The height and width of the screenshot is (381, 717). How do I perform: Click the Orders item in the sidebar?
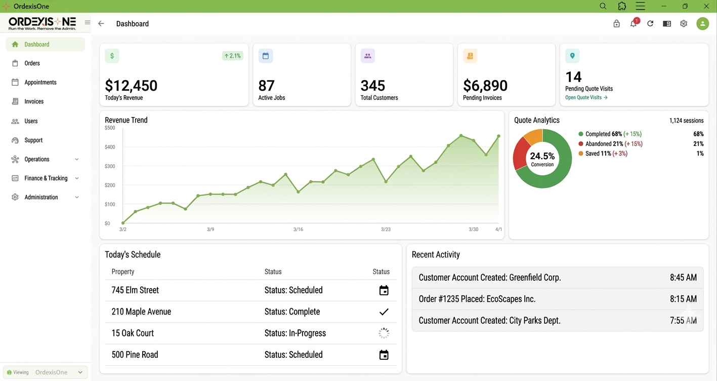coord(32,63)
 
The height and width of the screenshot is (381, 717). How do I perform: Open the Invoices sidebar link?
coord(34,101)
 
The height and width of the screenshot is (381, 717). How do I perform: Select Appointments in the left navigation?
coord(40,82)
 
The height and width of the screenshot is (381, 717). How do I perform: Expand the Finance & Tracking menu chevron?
coord(77,178)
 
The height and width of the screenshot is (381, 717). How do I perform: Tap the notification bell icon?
coord(633,24)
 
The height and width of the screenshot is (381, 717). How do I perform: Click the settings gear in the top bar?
coord(684,24)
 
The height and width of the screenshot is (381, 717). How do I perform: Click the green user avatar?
coord(702,24)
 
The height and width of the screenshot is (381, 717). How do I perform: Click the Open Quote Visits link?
coord(586,97)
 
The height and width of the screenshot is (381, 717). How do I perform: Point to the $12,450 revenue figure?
coord(131,85)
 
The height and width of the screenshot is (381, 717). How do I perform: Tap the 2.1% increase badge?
coord(232,56)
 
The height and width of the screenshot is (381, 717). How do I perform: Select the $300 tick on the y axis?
coord(110,166)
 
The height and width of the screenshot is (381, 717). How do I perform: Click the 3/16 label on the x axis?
coord(298,230)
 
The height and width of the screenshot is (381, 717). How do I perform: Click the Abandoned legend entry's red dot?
coord(581,144)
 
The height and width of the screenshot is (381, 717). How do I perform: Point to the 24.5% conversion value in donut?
coord(542,156)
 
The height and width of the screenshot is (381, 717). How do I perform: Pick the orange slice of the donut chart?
coord(532,137)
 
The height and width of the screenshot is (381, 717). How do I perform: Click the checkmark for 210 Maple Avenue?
coord(384,312)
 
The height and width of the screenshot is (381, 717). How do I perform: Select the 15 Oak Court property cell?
coord(133,333)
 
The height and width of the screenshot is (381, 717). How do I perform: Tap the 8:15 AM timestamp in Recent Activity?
coord(683,299)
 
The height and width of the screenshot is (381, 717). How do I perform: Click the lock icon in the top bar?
coord(616,24)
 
